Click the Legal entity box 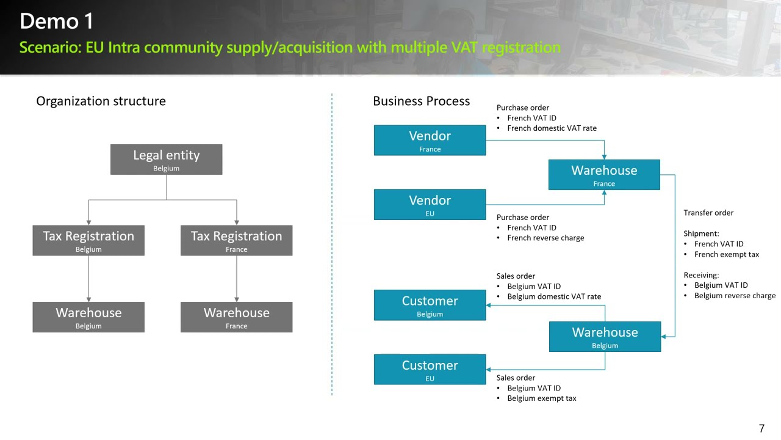pyautogui.click(x=167, y=159)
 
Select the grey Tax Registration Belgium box pyautogui.click(x=88, y=240)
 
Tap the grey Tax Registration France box pyautogui.click(x=236, y=240)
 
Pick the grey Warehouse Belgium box pyautogui.click(x=88, y=317)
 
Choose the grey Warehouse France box pyautogui.click(x=236, y=317)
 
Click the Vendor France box pyautogui.click(x=430, y=140)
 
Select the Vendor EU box pyautogui.click(x=430, y=205)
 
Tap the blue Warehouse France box pyautogui.click(x=604, y=175)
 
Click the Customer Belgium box pyautogui.click(x=430, y=305)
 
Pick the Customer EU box pyautogui.click(x=430, y=370)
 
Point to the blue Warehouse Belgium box pyautogui.click(x=605, y=337)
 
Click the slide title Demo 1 pyautogui.click(x=57, y=21)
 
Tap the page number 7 pyautogui.click(x=761, y=428)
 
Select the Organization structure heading pyautogui.click(x=101, y=101)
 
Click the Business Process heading pyautogui.click(x=422, y=101)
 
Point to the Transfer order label pyautogui.click(x=708, y=213)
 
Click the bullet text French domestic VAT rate pyautogui.click(x=552, y=128)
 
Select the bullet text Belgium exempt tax pyautogui.click(x=542, y=398)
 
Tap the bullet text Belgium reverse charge pyautogui.click(x=735, y=295)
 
